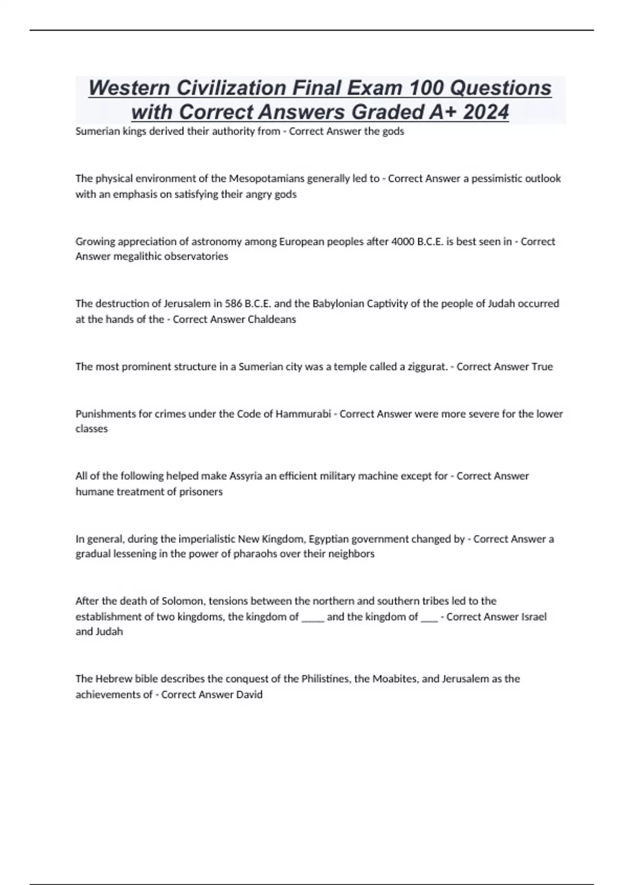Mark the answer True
(x=542, y=366)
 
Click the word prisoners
(x=201, y=491)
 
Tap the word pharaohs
(x=258, y=553)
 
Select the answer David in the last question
(x=249, y=694)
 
